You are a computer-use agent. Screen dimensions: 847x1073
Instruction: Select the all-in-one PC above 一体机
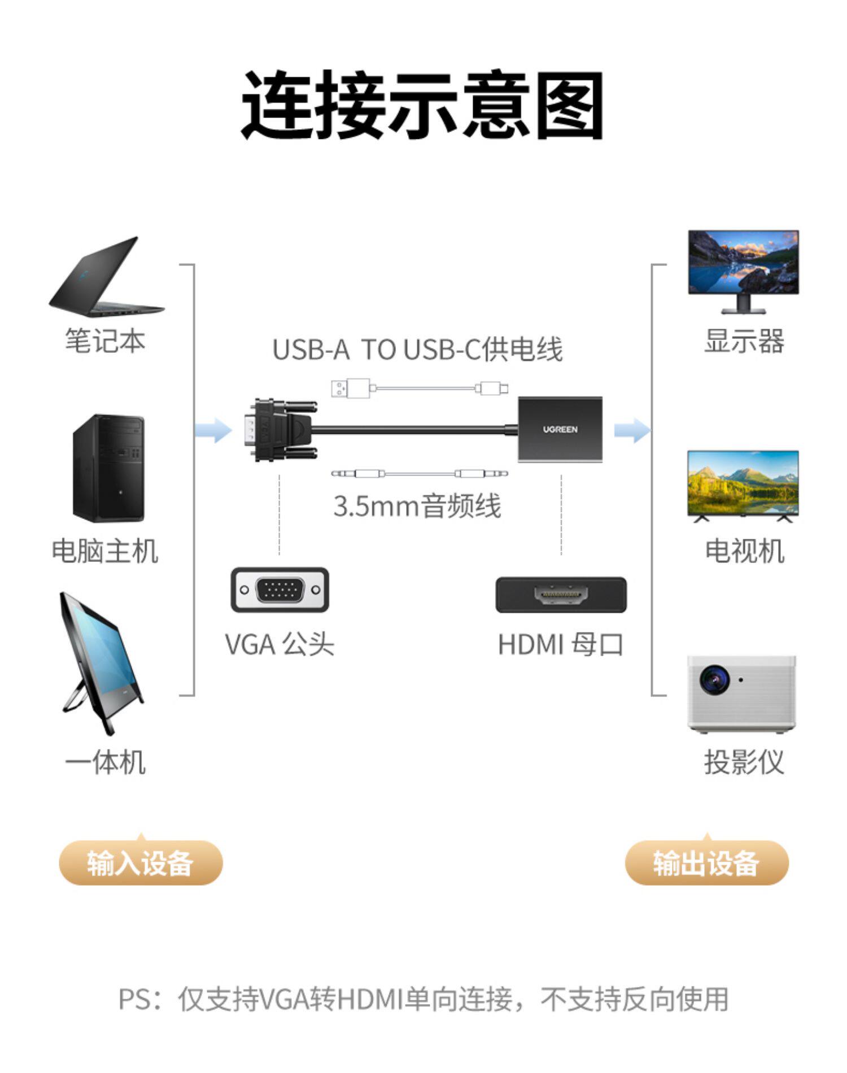coord(102,661)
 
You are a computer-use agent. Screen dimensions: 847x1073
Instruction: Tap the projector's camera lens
coord(713,679)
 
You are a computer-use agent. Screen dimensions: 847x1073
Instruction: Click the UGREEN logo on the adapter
coord(560,429)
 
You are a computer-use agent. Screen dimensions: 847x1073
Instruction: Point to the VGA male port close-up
coord(280,590)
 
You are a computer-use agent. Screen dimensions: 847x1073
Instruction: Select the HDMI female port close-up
coord(561,595)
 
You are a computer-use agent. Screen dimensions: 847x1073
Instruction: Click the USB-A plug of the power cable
coord(350,389)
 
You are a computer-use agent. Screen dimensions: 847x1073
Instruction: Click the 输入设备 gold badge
coord(141,862)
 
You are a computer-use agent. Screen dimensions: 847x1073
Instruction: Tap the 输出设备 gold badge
coord(706,862)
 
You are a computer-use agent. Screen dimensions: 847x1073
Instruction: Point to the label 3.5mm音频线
coord(417,506)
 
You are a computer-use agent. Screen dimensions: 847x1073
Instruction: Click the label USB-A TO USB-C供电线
coord(417,349)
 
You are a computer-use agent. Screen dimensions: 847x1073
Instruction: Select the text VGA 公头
coord(280,644)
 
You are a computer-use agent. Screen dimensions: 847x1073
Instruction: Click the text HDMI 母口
coord(560,644)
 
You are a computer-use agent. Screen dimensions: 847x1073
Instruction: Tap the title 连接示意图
coord(422,106)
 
